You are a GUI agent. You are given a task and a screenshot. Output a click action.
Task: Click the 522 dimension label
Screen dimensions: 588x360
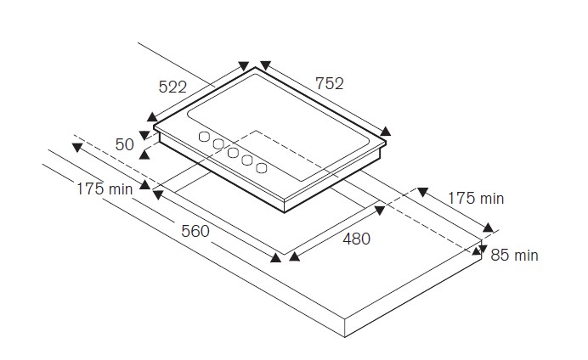pyautogui.click(x=172, y=87)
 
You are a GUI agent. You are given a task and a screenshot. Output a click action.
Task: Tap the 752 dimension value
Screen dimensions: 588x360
pyautogui.click(x=329, y=83)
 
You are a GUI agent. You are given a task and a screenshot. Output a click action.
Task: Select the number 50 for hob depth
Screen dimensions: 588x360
pyautogui.click(x=125, y=144)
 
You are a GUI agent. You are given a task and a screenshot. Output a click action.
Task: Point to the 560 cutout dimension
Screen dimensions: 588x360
pyautogui.click(x=195, y=231)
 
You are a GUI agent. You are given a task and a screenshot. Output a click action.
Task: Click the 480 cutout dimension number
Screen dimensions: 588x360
pyautogui.click(x=356, y=239)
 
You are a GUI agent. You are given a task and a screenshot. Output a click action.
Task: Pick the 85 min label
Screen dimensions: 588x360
pyautogui.click(x=514, y=255)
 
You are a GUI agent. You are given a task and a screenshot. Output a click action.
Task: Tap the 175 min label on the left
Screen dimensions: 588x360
pyautogui.click(x=105, y=188)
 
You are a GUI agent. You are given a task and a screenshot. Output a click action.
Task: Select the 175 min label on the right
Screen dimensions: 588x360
pyautogui.click(x=476, y=198)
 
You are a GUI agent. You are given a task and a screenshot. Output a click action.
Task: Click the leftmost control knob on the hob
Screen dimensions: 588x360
pyautogui.click(x=204, y=137)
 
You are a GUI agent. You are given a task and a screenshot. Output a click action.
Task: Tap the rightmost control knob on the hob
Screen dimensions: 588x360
pyautogui.click(x=262, y=168)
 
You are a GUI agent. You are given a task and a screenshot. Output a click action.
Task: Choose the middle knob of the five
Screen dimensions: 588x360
pyautogui.click(x=233, y=153)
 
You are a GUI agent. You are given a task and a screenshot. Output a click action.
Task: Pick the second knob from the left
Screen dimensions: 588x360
pyautogui.click(x=218, y=144)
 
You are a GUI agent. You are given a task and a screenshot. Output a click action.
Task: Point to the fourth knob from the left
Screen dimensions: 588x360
pyautogui.click(x=246, y=160)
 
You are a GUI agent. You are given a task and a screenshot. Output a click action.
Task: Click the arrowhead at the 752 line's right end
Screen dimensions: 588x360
pyautogui.click(x=386, y=131)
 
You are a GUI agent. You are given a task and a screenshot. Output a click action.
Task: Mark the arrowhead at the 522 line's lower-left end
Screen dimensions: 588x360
pyautogui.click(x=152, y=117)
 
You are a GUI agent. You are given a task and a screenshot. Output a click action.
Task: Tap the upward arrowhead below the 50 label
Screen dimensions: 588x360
pyautogui.click(x=144, y=155)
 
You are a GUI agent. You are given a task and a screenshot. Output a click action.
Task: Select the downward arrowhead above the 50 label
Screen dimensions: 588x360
pyautogui.click(x=144, y=135)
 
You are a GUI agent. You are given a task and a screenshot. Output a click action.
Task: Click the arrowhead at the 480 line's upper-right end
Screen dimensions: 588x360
pyautogui.click(x=380, y=211)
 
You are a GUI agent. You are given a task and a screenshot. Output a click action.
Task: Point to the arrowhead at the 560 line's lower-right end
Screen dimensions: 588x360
pyautogui.click(x=275, y=257)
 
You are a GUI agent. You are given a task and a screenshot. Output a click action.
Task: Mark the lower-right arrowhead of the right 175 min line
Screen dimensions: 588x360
pyautogui.click(x=488, y=227)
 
